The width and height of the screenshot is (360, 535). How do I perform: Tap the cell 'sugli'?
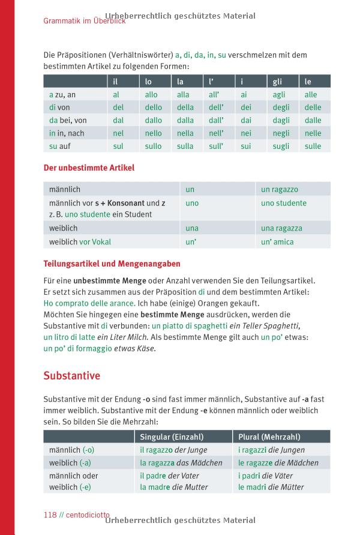[281, 146]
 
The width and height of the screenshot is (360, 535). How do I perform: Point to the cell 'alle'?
[311, 95]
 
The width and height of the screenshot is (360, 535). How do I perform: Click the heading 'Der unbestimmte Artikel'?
[89, 168]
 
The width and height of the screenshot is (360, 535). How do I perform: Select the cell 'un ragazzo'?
[280, 190]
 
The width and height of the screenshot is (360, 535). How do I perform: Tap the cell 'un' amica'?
[277, 242]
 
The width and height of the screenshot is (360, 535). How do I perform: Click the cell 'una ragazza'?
[281, 228]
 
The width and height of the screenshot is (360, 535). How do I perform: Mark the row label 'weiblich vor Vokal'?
[80, 242]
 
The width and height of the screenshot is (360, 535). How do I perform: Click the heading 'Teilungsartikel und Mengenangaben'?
[112, 264]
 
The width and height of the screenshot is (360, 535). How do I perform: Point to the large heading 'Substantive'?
[71, 376]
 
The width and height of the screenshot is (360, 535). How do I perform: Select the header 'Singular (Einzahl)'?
[172, 437]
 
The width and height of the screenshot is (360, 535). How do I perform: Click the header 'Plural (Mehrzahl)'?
[269, 437]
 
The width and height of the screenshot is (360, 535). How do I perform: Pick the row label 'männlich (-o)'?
[71, 450]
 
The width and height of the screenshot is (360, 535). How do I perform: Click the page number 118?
[50, 515]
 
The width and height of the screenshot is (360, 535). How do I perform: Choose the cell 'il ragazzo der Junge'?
[173, 450]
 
